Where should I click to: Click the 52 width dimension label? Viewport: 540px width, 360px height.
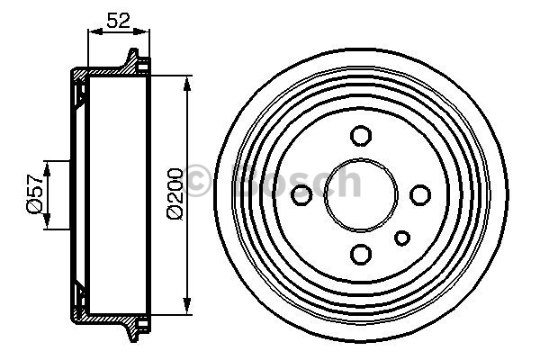tap(119, 21)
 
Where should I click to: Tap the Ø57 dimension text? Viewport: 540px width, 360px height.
tap(34, 193)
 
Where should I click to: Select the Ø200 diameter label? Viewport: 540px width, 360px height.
tap(175, 193)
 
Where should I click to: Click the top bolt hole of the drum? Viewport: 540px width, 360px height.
tap(361, 135)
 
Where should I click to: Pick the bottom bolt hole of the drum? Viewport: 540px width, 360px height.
tap(361, 254)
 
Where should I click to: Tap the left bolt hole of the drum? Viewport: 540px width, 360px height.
tap(301, 194)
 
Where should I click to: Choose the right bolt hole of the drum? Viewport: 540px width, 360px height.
tap(420, 194)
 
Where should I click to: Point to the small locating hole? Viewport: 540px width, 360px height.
tap(402, 238)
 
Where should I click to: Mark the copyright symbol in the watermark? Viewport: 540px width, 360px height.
tap(196, 181)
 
